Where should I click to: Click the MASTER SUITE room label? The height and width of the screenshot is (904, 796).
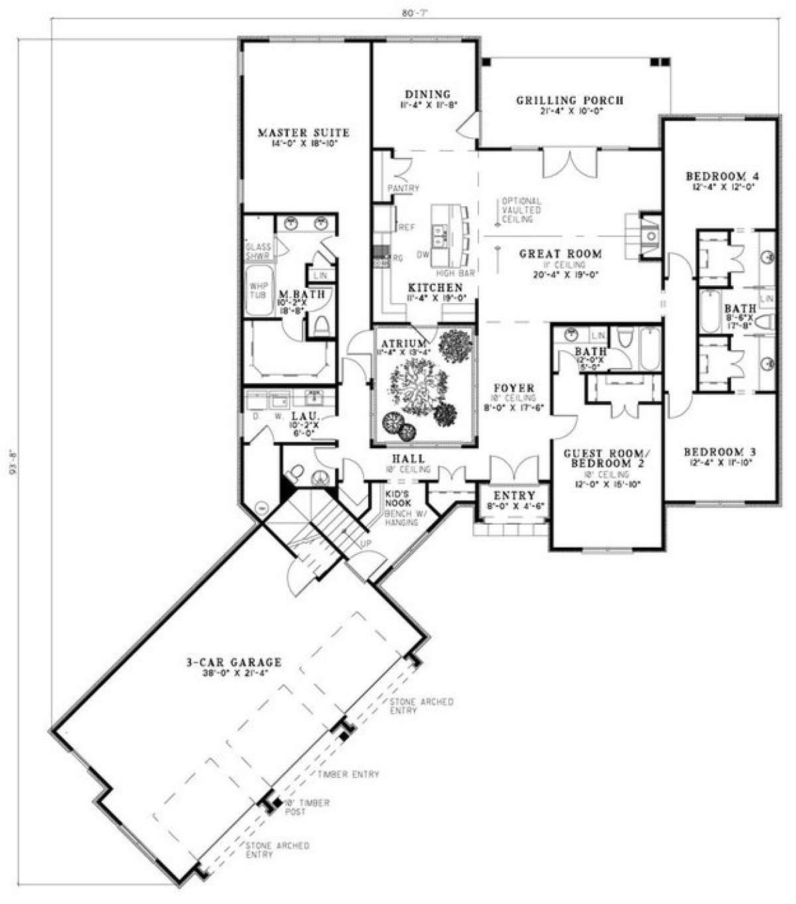click(x=303, y=133)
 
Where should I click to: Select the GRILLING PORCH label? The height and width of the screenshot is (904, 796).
click(x=570, y=101)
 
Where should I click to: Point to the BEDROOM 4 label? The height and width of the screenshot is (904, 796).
click(x=722, y=176)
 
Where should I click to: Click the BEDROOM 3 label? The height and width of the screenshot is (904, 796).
click(x=720, y=452)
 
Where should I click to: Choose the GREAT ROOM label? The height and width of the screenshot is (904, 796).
click(x=561, y=253)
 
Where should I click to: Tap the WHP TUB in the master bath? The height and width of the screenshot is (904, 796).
click(x=258, y=290)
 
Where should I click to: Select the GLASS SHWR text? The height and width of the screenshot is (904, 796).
click(x=258, y=251)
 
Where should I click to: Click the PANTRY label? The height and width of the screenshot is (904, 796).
click(x=404, y=188)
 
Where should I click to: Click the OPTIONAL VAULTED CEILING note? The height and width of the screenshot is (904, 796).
click(x=521, y=210)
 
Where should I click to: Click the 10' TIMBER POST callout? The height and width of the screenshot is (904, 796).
click(x=306, y=807)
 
